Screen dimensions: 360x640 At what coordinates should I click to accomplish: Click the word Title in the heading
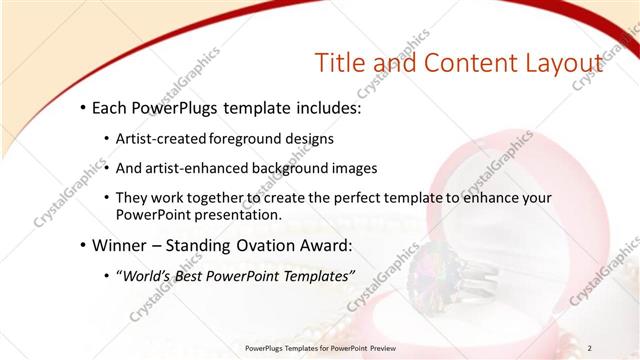341,62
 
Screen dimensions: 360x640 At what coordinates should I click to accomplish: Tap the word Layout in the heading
556,62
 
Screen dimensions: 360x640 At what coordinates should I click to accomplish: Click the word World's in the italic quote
148,275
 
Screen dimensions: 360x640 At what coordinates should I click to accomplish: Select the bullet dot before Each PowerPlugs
80,108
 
